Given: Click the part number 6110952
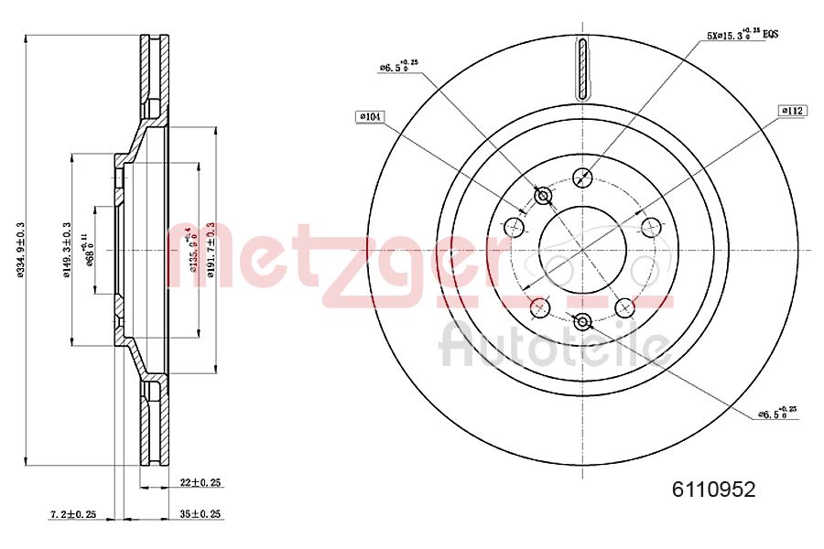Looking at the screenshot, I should point(714,490).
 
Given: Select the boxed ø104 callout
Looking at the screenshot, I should point(371,116).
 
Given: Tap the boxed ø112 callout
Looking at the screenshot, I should point(792,110).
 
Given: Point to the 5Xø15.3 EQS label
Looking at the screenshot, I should point(742,35).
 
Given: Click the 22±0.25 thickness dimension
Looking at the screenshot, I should point(201,482).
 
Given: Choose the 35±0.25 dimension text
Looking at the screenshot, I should point(201,515).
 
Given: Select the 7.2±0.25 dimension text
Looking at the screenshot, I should point(73,515).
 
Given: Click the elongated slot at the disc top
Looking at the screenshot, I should point(582,68).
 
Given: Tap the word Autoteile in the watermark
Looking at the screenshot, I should point(554,346).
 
